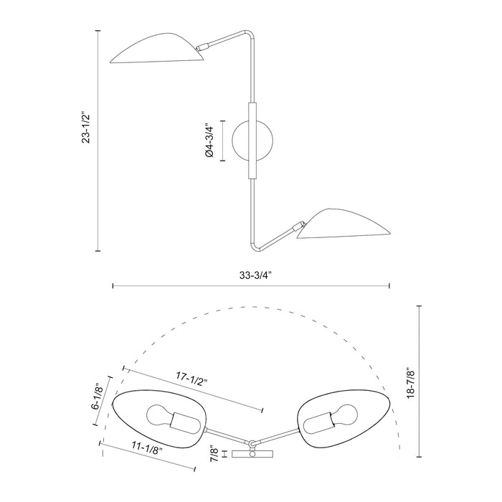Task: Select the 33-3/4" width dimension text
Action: (251, 274)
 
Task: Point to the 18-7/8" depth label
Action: (409, 387)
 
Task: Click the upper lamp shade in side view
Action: (159, 50)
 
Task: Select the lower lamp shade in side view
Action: (343, 224)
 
